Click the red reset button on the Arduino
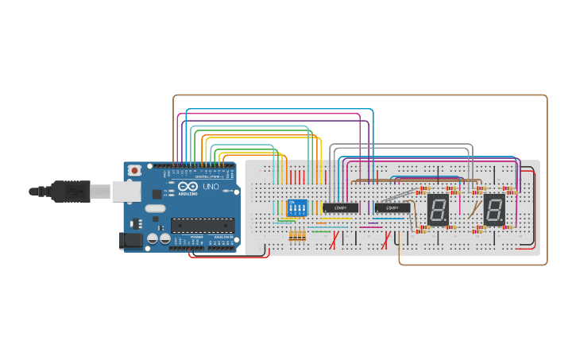pyautogui.click(x=135, y=169)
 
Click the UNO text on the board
pyautogui.click(x=211, y=187)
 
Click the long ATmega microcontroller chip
pyautogui.click(x=203, y=225)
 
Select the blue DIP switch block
pyautogui.click(x=296, y=209)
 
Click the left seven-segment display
pyautogui.click(x=438, y=209)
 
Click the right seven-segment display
pyautogui.click(x=493, y=210)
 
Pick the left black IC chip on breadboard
pyautogui.click(x=340, y=207)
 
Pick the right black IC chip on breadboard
pyautogui.click(x=392, y=208)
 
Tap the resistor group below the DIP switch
pyautogui.click(x=297, y=236)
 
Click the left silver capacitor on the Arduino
pyautogui.click(x=153, y=238)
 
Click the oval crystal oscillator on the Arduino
pyautogui.click(x=155, y=209)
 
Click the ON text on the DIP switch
pyautogui.click(x=292, y=202)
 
